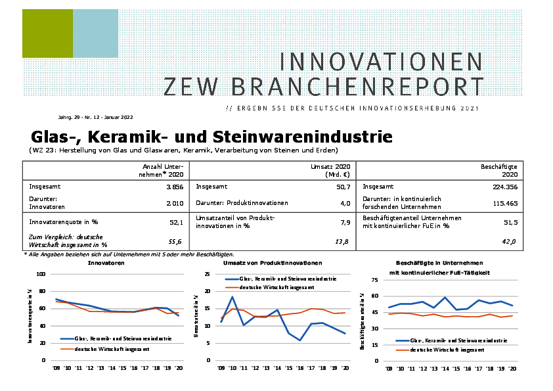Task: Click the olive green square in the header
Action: point(47,34)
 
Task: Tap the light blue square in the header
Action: point(95,34)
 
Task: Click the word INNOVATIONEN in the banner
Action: point(381,62)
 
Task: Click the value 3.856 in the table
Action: point(173,187)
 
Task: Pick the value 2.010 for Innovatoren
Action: point(173,204)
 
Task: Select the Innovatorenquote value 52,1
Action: point(177,222)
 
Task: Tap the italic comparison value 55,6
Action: point(177,242)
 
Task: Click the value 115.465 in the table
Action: point(502,204)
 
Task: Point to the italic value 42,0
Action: point(510,242)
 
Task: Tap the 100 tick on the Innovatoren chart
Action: point(41,274)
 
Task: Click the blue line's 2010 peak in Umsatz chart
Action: point(232,297)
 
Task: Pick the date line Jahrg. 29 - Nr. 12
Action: point(95,117)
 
